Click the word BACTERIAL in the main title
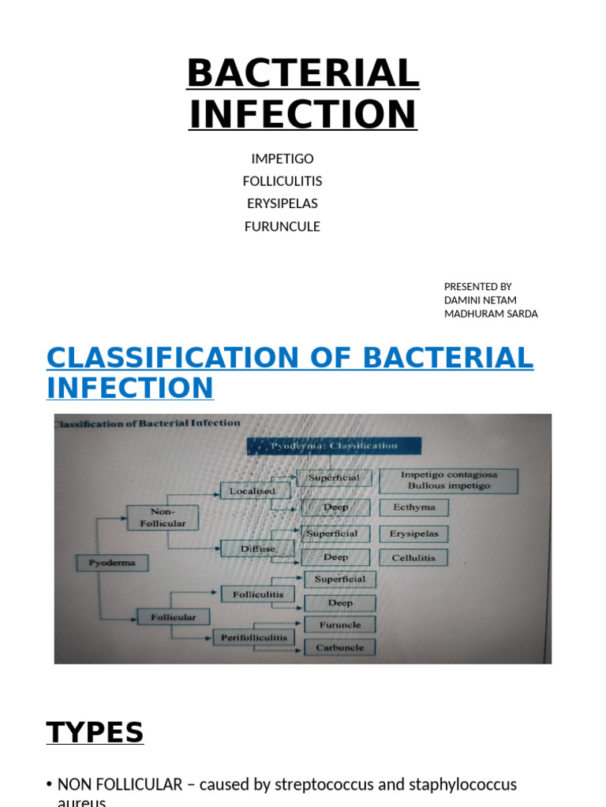pyautogui.click(x=303, y=75)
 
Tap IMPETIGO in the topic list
pyautogui.click(x=282, y=158)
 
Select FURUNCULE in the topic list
pyautogui.click(x=282, y=226)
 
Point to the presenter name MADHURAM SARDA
pyautogui.click(x=491, y=314)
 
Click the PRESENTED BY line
pyautogui.click(x=478, y=286)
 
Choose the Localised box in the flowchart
pyautogui.click(x=252, y=491)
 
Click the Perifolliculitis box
pyautogui.click(x=253, y=637)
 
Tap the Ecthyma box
pyautogui.click(x=413, y=508)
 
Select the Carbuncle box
pyautogui.click(x=340, y=647)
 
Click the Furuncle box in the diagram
pyautogui.click(x=340, y=625)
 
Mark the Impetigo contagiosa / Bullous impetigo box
pyautogui.click(x=448, y=481)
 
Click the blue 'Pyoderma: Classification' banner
pyautogui.click(x=335, y=446)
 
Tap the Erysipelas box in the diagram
pyautogui.click(x=414, y=534)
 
